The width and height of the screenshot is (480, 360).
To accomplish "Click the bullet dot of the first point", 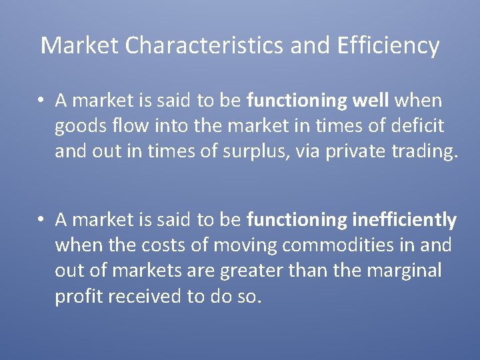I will click(41, 101).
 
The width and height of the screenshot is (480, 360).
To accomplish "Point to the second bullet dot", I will click(41, 219).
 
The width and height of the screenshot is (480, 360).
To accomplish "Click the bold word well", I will click(369, 101).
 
